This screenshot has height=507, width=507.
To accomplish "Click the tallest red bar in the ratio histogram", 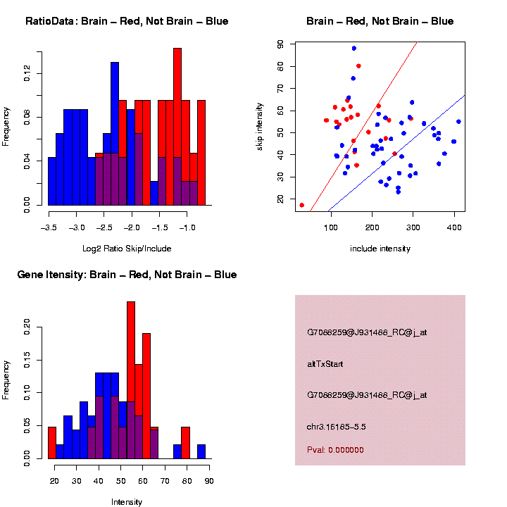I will click(177, 127).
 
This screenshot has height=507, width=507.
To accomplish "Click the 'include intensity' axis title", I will click(380, 248).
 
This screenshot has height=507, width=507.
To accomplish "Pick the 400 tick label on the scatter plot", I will click(454, 227).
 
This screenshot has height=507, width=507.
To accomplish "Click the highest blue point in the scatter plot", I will click(354, 49).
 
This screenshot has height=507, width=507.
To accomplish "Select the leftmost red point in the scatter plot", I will click(302, 205).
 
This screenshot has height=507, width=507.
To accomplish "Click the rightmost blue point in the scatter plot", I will click(458, 122).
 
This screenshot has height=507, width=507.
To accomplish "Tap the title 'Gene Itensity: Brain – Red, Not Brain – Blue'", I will click(127, 275).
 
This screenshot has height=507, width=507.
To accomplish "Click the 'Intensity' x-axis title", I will click(127, 501).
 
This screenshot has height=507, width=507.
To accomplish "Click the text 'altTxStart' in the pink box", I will click(325, 364).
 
